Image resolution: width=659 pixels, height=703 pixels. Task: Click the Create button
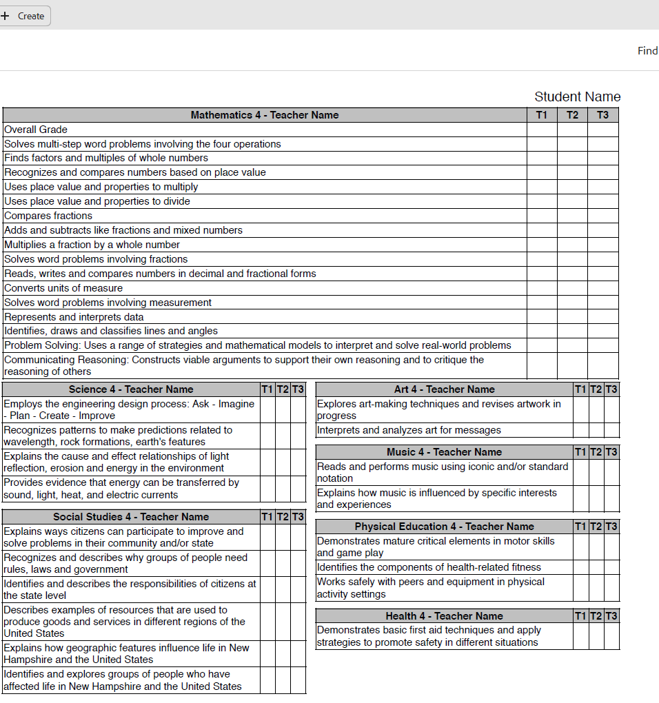(x=24, y=16)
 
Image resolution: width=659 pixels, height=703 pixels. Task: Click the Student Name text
(x=577, y=96)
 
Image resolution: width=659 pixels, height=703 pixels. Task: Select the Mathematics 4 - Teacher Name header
(x=264, y=115)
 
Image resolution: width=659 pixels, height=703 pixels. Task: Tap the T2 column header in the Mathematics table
(x=572, y=115)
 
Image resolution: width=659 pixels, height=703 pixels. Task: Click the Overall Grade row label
(x=36, y=130)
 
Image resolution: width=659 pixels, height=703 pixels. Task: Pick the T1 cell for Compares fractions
(x=542, y=216)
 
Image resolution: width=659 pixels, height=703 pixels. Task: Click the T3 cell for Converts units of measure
(x=603, y=288)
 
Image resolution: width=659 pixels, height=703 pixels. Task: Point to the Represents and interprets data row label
(x=74, y=317)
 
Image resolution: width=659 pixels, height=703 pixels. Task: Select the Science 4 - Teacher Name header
(x=131, y=389)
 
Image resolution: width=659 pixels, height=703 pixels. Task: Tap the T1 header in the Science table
(x=267, y=389)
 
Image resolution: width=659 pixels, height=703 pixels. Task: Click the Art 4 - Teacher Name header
(x=444, y=389)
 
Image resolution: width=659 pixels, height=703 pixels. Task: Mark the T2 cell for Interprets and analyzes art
(x=596, y=430)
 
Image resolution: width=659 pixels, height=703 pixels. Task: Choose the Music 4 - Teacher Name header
(x=444, y=452)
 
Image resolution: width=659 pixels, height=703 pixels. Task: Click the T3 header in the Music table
(x=611, y=452)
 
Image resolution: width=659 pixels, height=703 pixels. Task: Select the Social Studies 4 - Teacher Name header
(x=131, y=516)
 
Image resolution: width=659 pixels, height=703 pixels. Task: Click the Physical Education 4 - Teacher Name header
(x=444, y=527)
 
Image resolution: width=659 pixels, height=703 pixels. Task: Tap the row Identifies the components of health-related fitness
(x=429, y=567)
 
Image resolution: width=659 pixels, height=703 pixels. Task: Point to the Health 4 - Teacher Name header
(x=444, y=616)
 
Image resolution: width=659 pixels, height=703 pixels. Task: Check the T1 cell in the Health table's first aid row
(x=580, y=636)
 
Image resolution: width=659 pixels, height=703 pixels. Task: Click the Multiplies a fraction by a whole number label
(x=92, y=245)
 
